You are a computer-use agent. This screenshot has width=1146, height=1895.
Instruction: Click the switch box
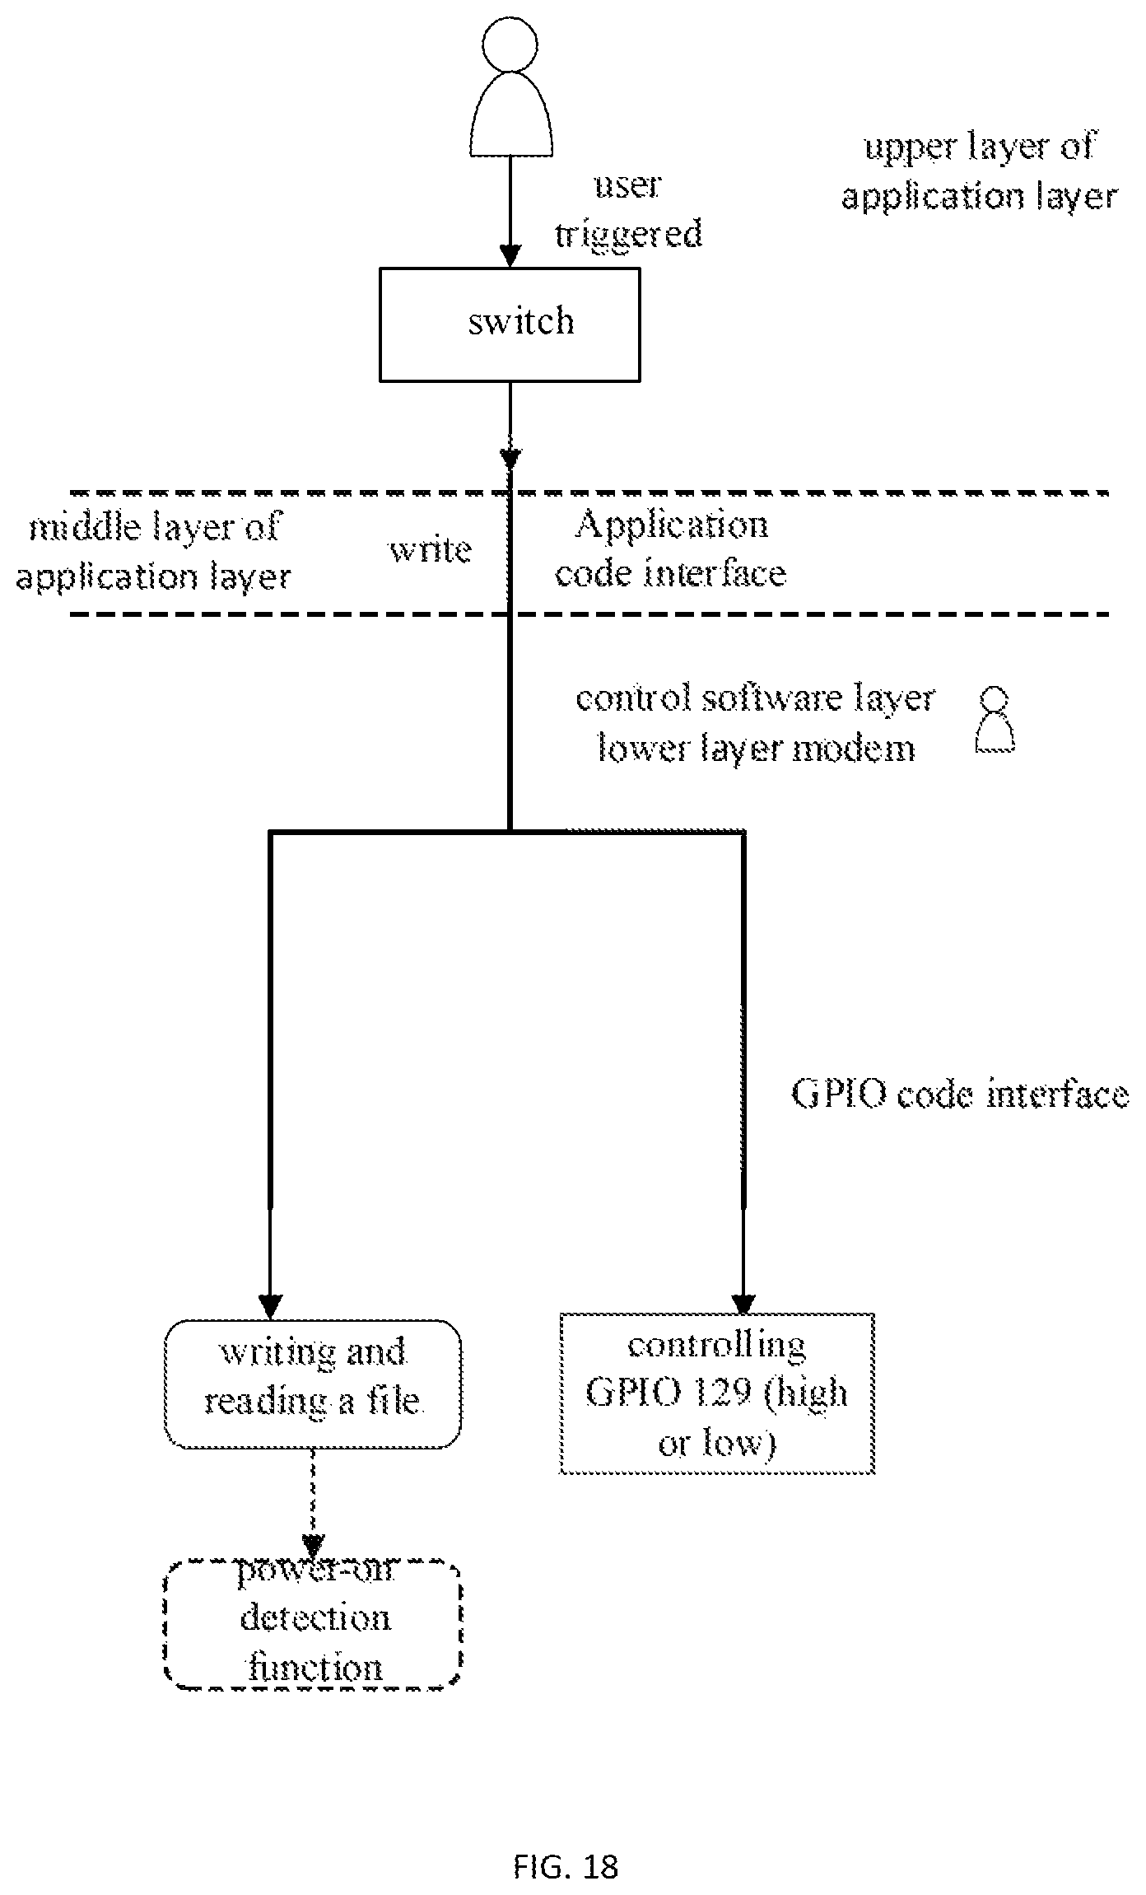click(510, 324)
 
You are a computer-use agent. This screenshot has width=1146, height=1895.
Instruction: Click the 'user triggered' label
click(628, 210)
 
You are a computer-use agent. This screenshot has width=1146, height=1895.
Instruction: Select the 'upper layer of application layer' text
click(980, 171)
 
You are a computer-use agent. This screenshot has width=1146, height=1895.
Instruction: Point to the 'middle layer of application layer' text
click(154, 551)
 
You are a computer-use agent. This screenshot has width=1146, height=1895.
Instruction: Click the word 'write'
click(431, 549)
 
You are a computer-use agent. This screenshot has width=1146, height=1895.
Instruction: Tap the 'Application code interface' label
click(671, 548)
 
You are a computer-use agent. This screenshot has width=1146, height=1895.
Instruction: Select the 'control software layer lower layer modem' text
click(756, 724)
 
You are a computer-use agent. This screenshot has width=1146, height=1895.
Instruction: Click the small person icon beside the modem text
click(995, 721)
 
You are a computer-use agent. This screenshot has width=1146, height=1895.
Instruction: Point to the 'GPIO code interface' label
click(960, 1095)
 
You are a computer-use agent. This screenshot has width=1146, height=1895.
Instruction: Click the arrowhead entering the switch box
click(510, 255)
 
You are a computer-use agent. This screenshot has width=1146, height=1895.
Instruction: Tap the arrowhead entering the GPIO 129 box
click(743, 1303)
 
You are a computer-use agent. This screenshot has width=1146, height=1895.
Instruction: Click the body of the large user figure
click(510, 114)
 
